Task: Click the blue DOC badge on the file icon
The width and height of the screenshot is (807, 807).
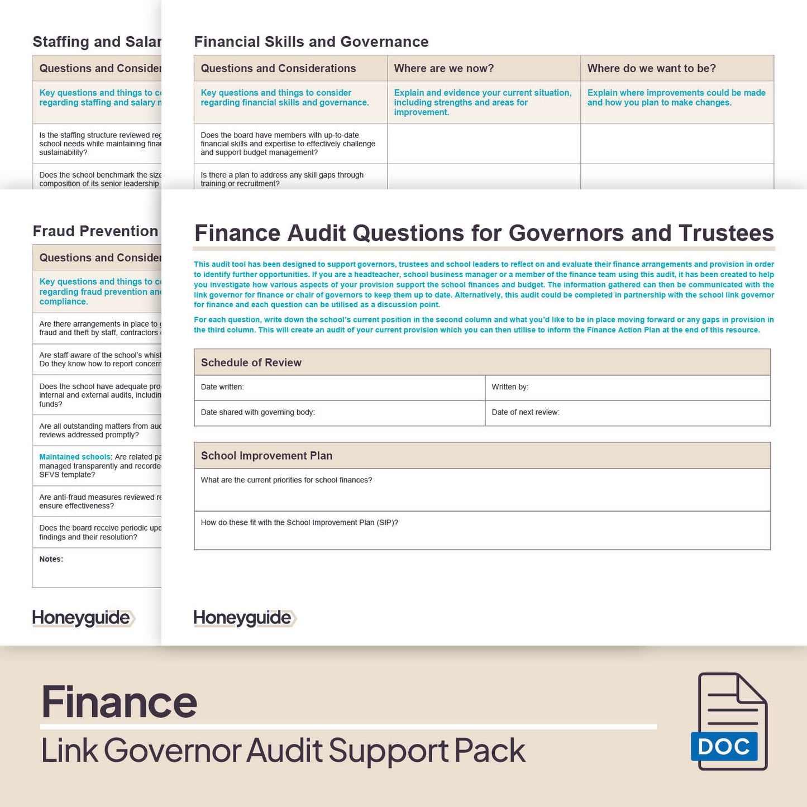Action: pyautogui.click(x=724, y=747)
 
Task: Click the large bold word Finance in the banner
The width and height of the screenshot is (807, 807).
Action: pyautogui.click(x=120, y=702)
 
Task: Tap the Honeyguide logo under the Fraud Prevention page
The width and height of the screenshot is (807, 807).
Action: pyautogui.click(x=83, y=618)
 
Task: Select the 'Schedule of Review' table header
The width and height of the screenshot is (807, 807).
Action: pyautogui.click(x=251, y=362)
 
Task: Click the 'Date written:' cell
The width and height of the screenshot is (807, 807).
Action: pyautogui.click(x=222, y=387)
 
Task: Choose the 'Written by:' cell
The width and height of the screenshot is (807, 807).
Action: pyautogui.click(x=510, y=387)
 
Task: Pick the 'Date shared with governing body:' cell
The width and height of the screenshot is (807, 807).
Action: pyautogui.click(x=258, y=412)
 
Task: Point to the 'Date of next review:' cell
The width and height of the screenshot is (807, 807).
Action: pyautogui.click(x=526, y=412)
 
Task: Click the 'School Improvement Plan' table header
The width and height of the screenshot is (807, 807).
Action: pyautogui.click(x=266, y=456)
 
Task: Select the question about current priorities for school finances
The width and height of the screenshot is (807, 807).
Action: pyautogui.click(x=286, y=480)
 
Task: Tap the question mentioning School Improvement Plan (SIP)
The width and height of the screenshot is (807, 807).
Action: pyautogui.click(x=299, y=523)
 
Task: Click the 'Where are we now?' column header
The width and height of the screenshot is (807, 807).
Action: pyautogui.click(x=444, y=68)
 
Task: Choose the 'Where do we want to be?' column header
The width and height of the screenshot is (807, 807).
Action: pyautogui.click(x=652, y=68)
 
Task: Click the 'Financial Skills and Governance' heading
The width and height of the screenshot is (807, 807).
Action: pyautogui.click(x=311, y=42)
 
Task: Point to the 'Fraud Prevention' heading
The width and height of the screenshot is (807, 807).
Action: pyautogui.click(x=95, y=231)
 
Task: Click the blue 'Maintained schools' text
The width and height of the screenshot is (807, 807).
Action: pyautogui.click(x=75, y=457)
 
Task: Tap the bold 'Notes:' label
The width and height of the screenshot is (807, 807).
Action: pyautogui.click(x=51, y=559)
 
